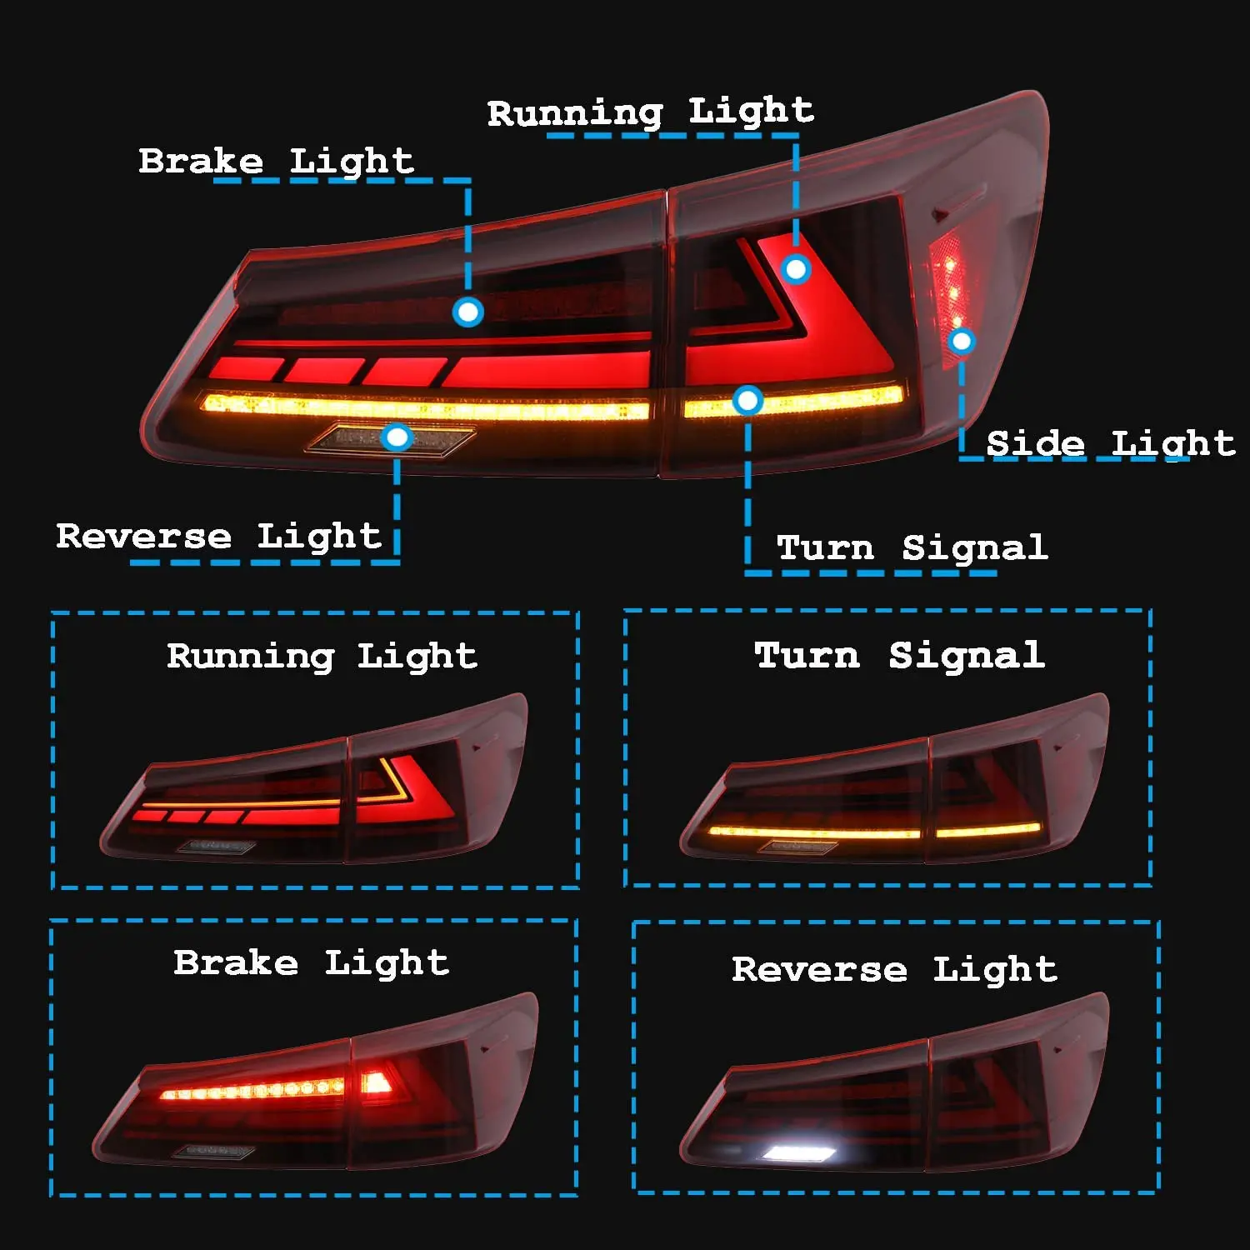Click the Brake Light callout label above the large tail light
pyautogui.click(x=276, y=161)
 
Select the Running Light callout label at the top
pyautogui.click(x=650, y=112)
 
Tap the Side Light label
pyautogui.click(x=1110, y=442)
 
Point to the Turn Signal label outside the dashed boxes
pyautogui.click(x=912, y=547)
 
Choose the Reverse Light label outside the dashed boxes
pyautogui.click(x=218, y=536)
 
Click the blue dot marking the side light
pyautogui.click(x=962, y=341)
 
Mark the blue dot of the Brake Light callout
pyautogui.click(x=467, y=312)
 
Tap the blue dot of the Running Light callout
pyautogui.click(x=796, y=269)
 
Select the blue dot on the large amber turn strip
pyautogui.click(x=747, y=401)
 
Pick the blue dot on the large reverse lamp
pyautogui.click(x=397, y=437)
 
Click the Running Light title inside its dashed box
pyautogui.click(x=322, y=656)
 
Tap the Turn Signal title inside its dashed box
pyautogui.click(x=899, y=655)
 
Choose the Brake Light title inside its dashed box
pyautogui.click(x=311, y=962)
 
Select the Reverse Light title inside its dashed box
pyautogui.click(x=894, y=969)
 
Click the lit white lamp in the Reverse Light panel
pyautogui.click(x=799, y=1153)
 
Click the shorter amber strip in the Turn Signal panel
pyautogui.click(x=988, y=830)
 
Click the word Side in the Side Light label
pyautogui.click(x=1035, y=442)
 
